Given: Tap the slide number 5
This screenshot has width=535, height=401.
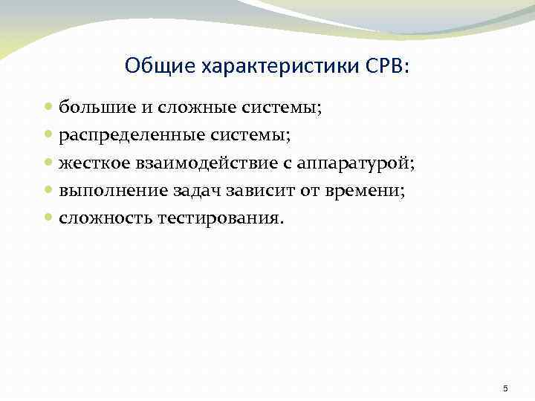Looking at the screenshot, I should coord(505,388).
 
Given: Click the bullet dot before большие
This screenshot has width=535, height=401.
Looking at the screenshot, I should coord(48,108).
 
